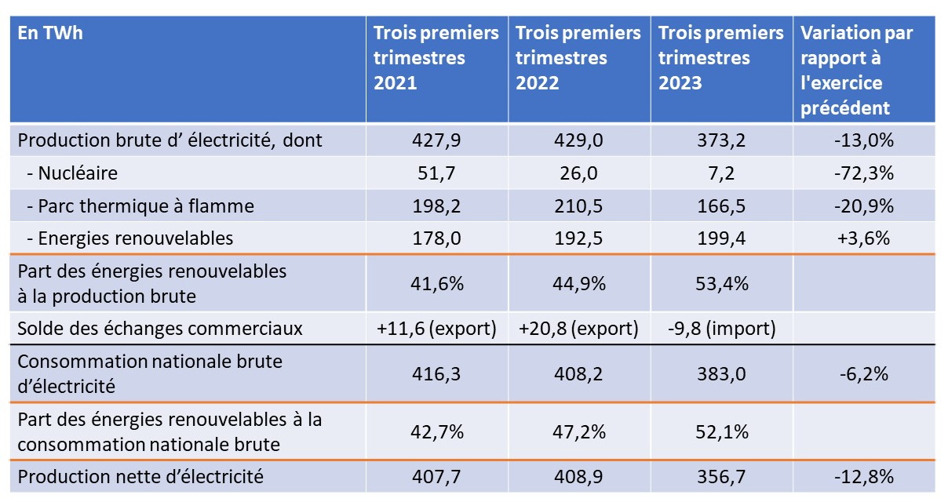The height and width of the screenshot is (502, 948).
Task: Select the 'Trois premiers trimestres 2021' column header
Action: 436,58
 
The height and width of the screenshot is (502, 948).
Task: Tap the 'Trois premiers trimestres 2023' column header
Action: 721,58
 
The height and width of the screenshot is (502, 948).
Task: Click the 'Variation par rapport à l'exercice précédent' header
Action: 857,71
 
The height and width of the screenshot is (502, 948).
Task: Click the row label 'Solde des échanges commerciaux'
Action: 160,328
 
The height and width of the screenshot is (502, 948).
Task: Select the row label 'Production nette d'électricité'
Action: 140,476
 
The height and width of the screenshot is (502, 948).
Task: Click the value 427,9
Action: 436,141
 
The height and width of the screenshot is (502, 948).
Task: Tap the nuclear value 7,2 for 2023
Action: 721,173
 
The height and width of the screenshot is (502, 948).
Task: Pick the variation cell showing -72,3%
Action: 864,173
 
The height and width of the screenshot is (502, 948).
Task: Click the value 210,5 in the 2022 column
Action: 578,206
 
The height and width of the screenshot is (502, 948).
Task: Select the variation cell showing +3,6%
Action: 864,238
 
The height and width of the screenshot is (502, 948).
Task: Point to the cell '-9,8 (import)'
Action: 721,328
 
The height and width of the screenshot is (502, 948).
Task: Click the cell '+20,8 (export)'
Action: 578,328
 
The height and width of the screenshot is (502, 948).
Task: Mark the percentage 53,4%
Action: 721,283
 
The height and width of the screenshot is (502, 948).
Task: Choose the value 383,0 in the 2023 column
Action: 721,374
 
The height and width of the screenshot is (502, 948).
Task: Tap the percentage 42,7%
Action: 436,431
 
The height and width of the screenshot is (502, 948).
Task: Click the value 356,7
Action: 721,476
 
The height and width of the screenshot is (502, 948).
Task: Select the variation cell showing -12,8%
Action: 864,476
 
